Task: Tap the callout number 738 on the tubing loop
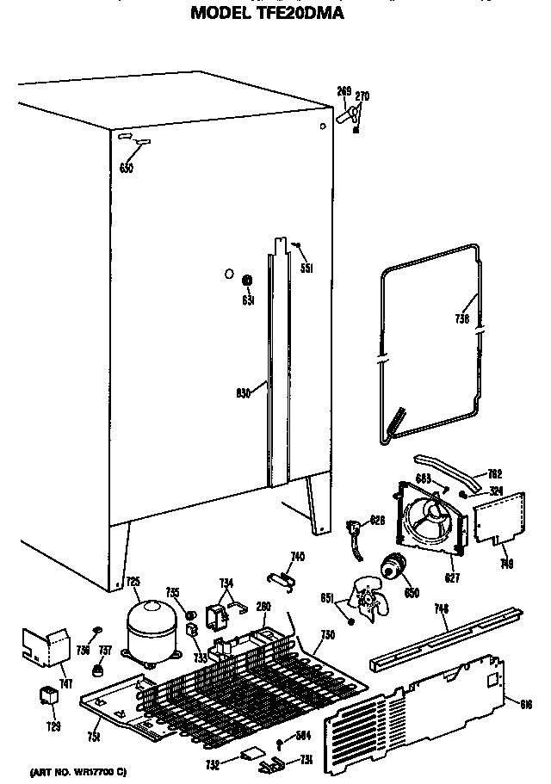(x=462, y=318)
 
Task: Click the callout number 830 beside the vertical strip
(x=243, y=394)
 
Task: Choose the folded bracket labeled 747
(x=47, y=650)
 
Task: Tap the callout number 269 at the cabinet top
(x=344, y=90)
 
